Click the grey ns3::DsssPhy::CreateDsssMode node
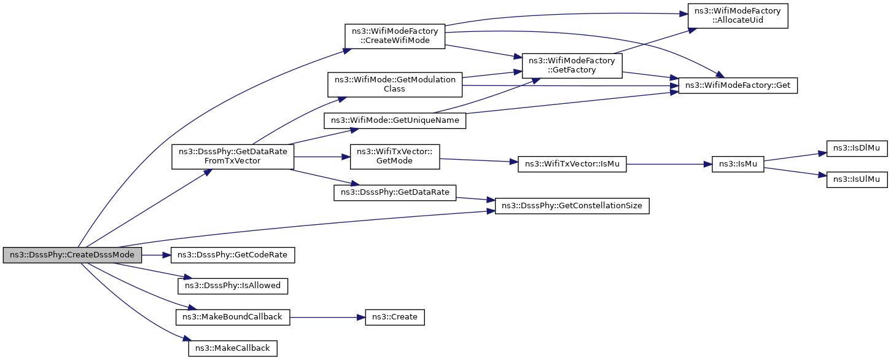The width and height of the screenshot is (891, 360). (x=72, y=255)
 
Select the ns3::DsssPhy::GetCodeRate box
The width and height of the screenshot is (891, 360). (x=233, y=255)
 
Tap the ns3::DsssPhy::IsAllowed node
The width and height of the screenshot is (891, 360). (x=233, y=286)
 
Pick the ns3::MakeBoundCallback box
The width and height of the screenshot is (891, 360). (x=233, y=317)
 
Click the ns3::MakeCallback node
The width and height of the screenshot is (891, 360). (x=233, y=348)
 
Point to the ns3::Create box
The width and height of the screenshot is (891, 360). (x=395, y=317)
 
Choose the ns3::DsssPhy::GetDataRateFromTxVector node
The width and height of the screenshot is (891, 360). (x=233, y=157)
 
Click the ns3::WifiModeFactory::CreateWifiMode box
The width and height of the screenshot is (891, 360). (x=395, y=36)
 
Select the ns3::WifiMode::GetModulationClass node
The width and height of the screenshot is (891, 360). (x=395, y=84)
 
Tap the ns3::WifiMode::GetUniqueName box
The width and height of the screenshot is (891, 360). (x=395, y=120)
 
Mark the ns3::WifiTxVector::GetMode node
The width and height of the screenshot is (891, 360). (x=395, y=157)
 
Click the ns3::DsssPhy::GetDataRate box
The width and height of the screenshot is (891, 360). (x=395, y=192)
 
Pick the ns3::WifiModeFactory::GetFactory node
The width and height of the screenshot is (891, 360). (x=572, y=66)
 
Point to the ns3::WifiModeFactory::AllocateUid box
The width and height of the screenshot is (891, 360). (x=738, y=16)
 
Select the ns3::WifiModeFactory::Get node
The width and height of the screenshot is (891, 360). (x=738, y=85)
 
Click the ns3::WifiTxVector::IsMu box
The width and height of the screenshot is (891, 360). (x=572, y=164)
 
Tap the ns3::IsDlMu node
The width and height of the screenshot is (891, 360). (x=857, y=149)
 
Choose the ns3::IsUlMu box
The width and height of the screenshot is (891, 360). (x=857, y=179)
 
